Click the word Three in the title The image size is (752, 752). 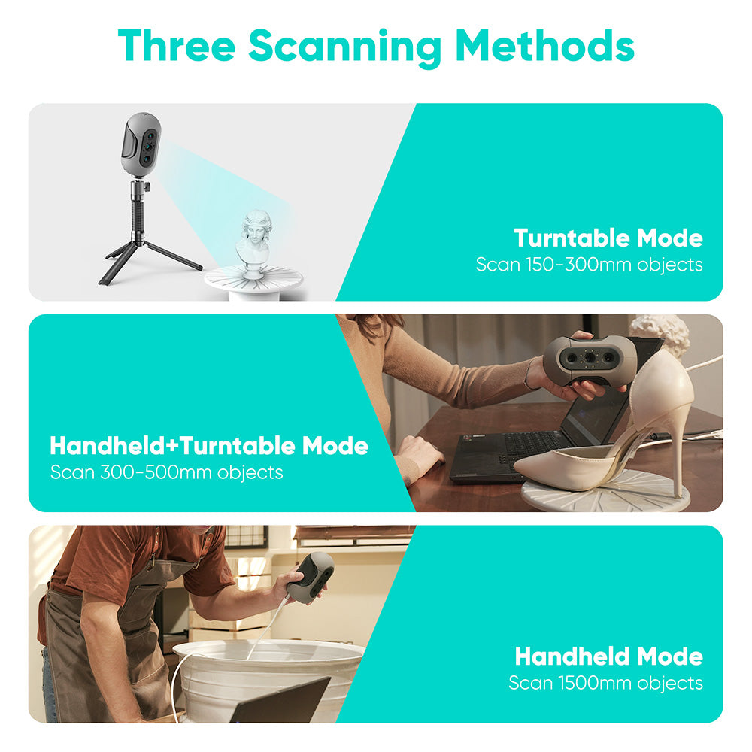point(176,46)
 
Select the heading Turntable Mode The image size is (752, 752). point(608,238)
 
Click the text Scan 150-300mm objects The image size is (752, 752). point(589,265)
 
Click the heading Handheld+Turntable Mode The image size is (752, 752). point(208,446)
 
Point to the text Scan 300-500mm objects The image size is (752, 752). point(166,472)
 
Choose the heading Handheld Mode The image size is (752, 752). point(608,656)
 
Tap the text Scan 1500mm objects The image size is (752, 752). point(605,683)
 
